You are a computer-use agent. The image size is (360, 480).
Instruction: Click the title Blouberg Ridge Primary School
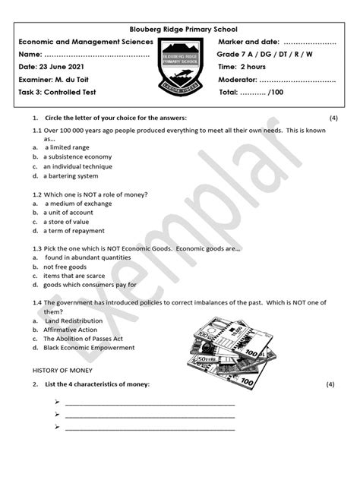(x=180, y=29)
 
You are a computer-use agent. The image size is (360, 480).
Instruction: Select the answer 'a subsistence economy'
(x=77, y=156)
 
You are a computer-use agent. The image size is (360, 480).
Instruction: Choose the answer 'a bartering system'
(x=71, y=175)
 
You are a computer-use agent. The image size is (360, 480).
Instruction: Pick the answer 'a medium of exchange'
(x=79, y=204)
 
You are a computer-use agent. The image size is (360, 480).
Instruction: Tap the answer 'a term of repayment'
(x=74, y=231)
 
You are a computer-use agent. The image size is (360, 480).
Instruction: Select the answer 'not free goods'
(x=65, y=267)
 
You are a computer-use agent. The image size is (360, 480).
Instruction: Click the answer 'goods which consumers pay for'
(x=90, y=285)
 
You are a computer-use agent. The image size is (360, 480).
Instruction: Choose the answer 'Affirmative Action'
(x=70, y=330)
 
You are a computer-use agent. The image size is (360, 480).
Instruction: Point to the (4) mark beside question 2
(x=330, y=384)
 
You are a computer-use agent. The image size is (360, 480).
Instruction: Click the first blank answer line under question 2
(x=150, y=403)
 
